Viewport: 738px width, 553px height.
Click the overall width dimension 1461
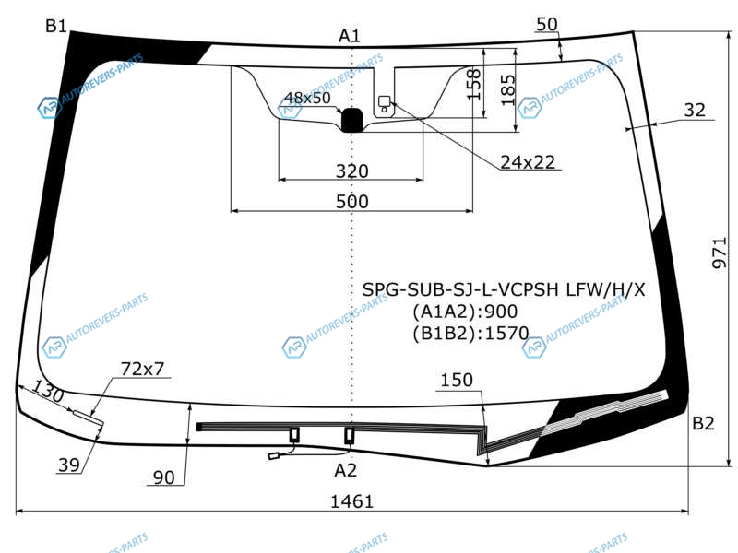[351, 501]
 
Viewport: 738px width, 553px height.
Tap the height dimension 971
[720, 253]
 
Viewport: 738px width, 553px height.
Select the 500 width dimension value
[351, 201]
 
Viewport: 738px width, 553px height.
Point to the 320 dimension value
[351, 171]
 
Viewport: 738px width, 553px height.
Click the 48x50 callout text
[307, 98]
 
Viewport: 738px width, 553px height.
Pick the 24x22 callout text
[528, 162]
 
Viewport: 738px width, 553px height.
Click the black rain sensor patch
[351, 120]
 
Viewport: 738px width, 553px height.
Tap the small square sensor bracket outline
[385, 101]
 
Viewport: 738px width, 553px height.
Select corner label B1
[56, 26]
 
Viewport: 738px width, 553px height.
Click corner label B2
[703, 423]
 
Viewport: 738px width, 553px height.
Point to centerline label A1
[350, 36]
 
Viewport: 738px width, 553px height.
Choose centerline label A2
[345, 470]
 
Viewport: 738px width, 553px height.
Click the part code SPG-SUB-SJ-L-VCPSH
[460, 289]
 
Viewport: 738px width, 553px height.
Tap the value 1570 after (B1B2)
[506, 333]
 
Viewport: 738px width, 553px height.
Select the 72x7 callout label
[142, 369]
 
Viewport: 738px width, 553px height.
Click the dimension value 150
[456, 380]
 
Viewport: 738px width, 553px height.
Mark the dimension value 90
[164, 477]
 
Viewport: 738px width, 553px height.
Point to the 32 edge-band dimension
[695, 110]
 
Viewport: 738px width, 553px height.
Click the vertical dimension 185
[508, 90]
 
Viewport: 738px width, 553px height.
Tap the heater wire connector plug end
[273, 455]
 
